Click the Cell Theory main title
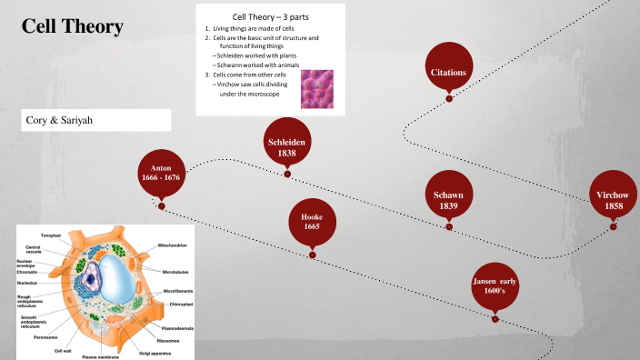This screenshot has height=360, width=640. [72, 27]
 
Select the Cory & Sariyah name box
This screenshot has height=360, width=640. [96, 120]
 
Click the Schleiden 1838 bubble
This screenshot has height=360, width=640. [286, 148]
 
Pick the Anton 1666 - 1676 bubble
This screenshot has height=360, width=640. [162, 173]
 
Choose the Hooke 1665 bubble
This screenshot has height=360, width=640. [312, 221]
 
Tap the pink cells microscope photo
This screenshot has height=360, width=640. [317, 89]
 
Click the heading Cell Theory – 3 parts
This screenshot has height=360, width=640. [270, 16]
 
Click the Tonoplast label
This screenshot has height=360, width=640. [50, 235]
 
